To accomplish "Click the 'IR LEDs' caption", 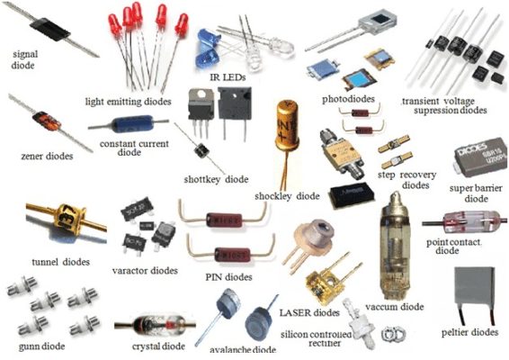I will tap(228, 78).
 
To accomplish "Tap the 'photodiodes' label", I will tap(347, 97).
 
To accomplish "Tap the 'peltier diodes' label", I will tap(469, 332).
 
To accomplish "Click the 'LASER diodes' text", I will tap(309, 312).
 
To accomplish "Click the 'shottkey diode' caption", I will tap(215, 178).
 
